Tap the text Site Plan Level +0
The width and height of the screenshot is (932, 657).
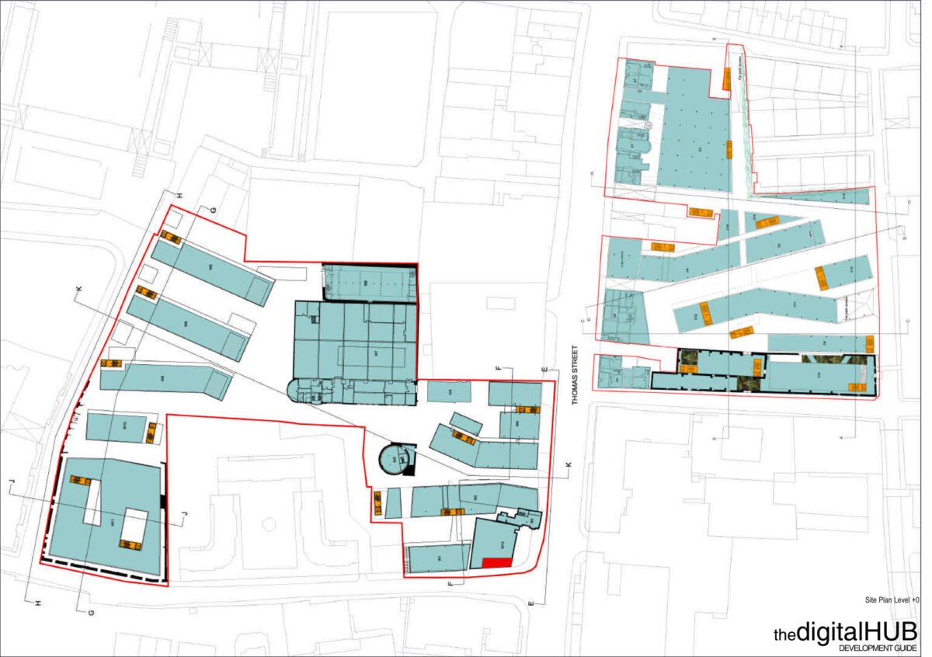[892, 600]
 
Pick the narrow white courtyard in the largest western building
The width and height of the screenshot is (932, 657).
[92, 502]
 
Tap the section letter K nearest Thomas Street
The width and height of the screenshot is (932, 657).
[569, 464]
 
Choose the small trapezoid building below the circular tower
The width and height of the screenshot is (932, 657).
[393, 502]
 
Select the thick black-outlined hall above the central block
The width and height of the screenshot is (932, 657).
[369, 281]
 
